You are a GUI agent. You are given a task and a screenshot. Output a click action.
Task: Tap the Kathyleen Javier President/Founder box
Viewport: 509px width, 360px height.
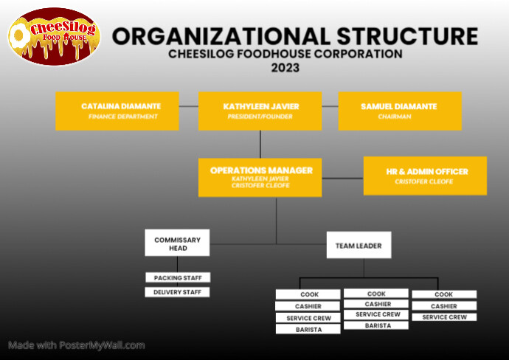260,111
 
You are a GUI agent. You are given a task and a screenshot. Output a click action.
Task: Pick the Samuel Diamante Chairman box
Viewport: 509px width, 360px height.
400,111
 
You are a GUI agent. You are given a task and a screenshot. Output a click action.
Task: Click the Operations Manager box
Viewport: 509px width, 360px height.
260,177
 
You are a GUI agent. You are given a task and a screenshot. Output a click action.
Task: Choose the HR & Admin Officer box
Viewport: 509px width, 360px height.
425,176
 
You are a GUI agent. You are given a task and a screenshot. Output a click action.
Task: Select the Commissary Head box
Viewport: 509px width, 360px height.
177,243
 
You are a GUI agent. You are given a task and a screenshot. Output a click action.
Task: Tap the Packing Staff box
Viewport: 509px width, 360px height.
177,277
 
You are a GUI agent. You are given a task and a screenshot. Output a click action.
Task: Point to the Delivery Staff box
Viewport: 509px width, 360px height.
177,292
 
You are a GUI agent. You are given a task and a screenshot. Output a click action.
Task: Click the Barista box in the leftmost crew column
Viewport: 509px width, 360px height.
308,329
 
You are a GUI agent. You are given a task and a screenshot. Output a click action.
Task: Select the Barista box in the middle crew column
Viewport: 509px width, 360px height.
376,325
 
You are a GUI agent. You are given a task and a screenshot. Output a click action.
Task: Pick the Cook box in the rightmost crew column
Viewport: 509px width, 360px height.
444,294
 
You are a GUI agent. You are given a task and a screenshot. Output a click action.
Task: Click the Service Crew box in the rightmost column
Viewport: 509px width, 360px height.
444,317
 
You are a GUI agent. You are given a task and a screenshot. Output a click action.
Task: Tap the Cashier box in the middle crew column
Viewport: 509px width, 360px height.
376,304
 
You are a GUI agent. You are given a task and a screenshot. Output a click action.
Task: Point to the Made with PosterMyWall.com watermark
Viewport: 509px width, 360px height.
77,345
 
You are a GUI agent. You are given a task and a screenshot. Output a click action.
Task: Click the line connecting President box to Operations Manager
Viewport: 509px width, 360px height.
260,143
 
